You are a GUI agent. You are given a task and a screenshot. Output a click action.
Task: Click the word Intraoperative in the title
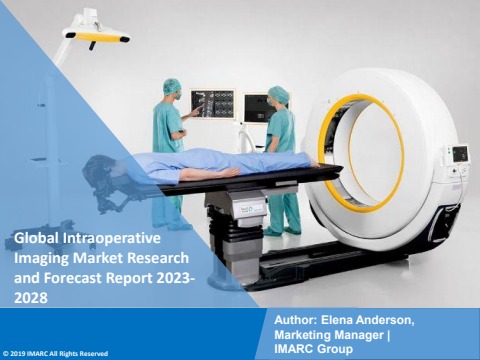(111, 238)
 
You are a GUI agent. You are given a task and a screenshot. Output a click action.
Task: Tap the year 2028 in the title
(31, 298)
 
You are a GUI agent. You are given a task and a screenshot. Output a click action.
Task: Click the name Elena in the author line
(335, 320)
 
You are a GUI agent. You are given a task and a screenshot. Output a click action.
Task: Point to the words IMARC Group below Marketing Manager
(313, 349)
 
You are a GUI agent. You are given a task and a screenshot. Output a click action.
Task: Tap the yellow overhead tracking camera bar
(96, 37)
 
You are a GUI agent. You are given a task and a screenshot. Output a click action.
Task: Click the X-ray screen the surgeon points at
(213, 104)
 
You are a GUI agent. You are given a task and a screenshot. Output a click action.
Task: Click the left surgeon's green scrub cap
(172, 86)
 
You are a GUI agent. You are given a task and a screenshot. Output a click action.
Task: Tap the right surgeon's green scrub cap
(279, 94)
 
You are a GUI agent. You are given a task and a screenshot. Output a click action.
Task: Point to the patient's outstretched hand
(230, 172)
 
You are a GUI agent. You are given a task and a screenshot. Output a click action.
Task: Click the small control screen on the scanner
(460, 154)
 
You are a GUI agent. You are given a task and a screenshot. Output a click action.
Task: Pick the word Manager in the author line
(361, 334)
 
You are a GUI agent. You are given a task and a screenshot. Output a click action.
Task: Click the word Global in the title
(36, 238)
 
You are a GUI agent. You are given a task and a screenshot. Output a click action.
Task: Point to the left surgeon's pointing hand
(197, 111)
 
